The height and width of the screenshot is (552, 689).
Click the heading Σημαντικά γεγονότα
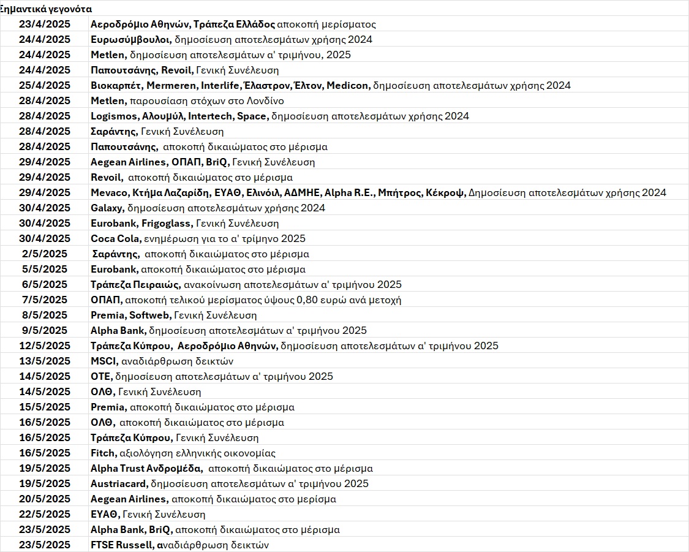47,9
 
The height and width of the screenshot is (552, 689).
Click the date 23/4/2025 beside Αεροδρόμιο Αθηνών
45,25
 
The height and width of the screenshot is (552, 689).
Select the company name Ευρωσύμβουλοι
130,40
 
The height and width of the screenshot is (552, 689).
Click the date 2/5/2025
45,254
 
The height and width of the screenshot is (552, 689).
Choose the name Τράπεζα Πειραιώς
135,285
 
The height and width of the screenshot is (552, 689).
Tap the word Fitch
102,453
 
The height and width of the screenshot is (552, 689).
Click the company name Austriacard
117,484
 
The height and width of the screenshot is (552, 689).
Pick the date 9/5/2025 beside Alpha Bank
45,331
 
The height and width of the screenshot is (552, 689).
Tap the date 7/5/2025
45,300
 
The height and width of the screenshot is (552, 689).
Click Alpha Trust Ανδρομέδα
146,469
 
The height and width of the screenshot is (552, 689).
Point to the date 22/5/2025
45,515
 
